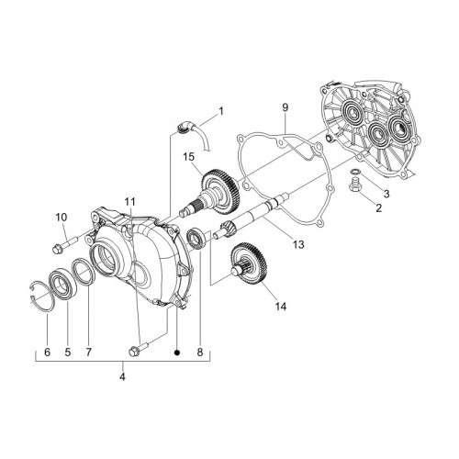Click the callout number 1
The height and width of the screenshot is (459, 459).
(221, 111)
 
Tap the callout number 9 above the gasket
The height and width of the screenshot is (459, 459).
(285, 107)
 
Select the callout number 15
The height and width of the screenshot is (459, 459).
(189, 157)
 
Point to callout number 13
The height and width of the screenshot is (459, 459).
(298, 244)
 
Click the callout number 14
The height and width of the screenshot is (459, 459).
(281, 306)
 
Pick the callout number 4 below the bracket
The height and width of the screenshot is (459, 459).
(122, 377)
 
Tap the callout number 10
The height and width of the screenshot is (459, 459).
(62, 218)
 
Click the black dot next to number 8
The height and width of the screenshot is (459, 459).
(176, 353)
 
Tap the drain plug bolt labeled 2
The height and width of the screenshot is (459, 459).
(354, 185)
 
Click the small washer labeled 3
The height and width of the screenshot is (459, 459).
(355, 170)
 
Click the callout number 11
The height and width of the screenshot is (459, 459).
(130, 202)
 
